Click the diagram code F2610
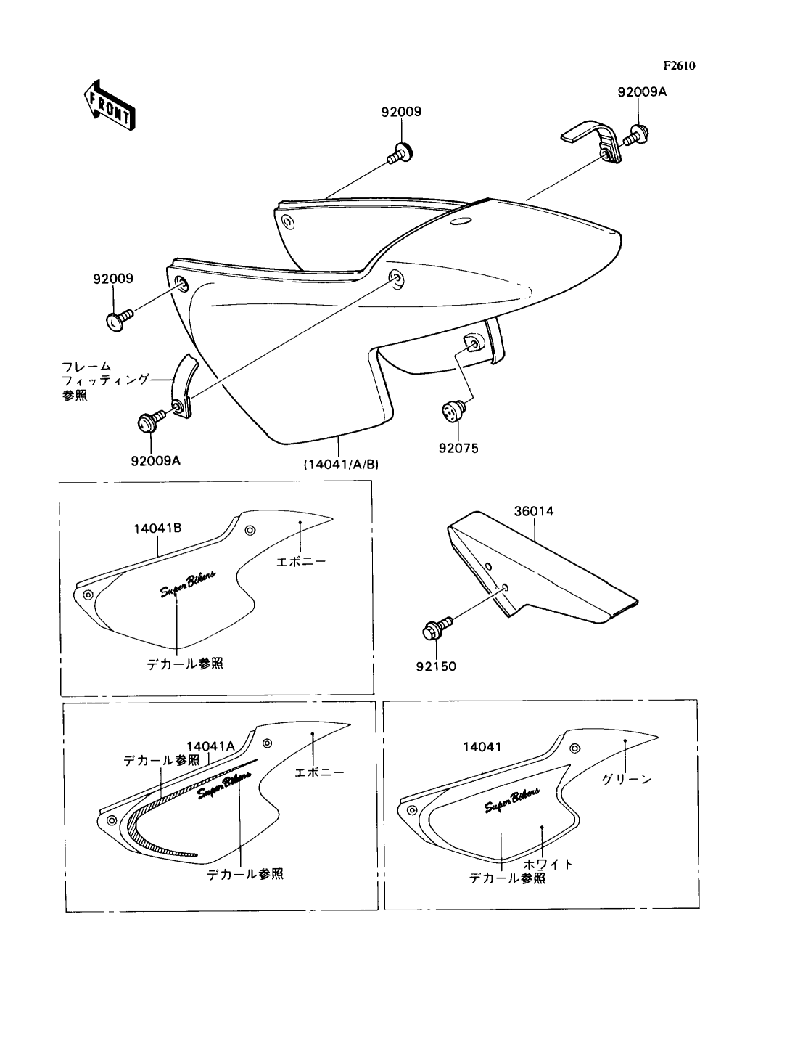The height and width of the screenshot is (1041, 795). (679, 66)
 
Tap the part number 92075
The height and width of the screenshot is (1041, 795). (458, 448)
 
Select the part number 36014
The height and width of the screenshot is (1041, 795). (534, 511)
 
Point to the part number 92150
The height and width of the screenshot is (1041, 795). (436, 667)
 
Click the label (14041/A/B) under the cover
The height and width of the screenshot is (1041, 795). (341, 465)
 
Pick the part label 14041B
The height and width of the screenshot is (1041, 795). (158, 528)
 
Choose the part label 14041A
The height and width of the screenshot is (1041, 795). (210, 746)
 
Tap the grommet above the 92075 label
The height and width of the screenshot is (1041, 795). (453, 410)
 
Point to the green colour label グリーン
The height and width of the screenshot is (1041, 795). (626, 779)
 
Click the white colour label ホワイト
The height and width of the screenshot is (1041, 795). (548, 864)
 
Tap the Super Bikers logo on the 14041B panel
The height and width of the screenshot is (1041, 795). (187, 584)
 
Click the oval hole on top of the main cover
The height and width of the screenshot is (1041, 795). (461, 221)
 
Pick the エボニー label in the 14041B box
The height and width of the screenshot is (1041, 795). (301, 562)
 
